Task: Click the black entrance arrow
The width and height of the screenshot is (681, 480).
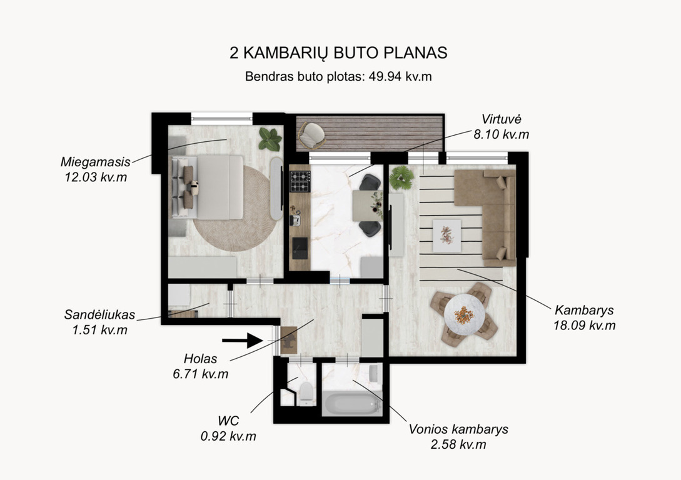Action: [x=243, y=340]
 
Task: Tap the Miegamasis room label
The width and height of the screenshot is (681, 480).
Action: [x=96, y=162]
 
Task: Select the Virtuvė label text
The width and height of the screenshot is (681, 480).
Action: [x=501, y=119]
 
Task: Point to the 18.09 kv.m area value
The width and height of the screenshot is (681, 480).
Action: [x=584, y=325]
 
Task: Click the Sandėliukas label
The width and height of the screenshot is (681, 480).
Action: [x=99, y=314]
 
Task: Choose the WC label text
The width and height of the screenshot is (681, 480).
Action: [x=228, y=421]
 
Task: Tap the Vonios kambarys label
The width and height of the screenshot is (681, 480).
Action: [x=458, y=429]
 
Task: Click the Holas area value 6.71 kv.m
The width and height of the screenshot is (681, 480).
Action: [x=201, y=374]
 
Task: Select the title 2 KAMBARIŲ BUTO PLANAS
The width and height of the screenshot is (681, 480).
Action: [x=338, y=52]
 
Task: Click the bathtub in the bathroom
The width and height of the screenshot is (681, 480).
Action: [x=352, y=404]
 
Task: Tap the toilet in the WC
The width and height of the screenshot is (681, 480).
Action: [x=306, y=392]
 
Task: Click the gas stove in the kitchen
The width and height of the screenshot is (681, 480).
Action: [x=300, y=181]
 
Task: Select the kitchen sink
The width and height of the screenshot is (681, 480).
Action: [x=300, y=247]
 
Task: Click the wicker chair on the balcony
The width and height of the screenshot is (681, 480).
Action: [x=312, y=135]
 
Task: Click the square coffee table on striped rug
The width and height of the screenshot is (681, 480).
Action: [x=446, y=236]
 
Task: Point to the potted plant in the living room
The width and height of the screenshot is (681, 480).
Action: [x=401, y=177]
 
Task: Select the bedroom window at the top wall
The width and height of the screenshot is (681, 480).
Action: [x=222, y=118]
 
